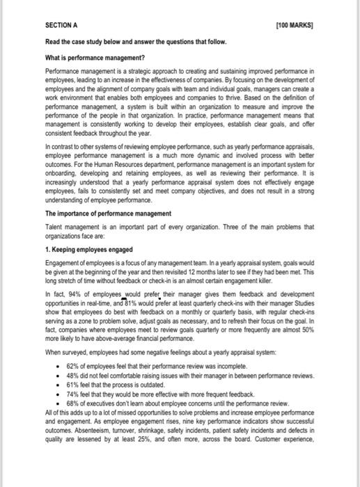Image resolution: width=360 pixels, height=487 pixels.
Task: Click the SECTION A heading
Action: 62,24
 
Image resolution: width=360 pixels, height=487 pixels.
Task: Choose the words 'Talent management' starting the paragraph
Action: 72,226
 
